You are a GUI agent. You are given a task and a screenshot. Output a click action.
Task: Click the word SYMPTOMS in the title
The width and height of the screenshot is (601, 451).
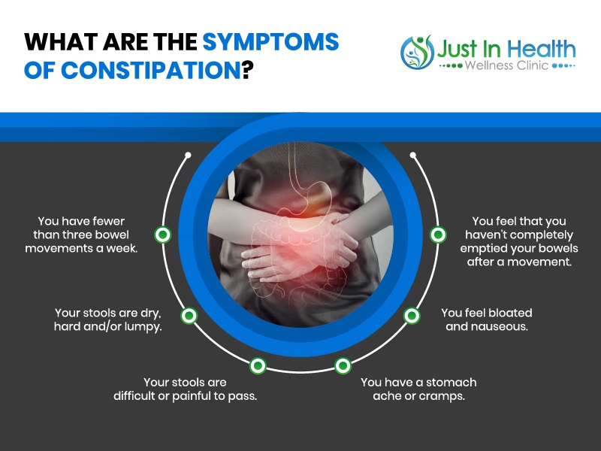click(270, 42)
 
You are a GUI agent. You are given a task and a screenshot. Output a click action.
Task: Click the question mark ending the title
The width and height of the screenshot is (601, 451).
click(248, 70)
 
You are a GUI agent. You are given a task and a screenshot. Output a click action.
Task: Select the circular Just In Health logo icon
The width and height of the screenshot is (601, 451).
click(417, 52)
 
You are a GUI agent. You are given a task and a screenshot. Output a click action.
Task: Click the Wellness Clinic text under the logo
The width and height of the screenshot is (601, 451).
click(506, 65)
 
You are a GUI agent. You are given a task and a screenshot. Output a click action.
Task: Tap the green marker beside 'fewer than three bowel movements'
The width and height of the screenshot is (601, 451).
click(163, 235)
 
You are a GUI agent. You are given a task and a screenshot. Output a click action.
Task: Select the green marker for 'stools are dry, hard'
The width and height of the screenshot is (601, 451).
click(189, 316)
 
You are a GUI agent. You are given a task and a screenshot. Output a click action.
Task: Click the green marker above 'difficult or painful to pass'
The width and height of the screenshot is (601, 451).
click(258, 365)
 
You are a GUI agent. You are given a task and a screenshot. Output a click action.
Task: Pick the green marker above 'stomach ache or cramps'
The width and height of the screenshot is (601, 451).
click(343, 365)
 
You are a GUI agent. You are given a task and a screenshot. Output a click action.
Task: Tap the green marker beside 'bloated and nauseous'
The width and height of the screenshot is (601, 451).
click(412, 316)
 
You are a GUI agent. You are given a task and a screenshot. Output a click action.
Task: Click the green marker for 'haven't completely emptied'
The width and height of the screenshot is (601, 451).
click(438, 235)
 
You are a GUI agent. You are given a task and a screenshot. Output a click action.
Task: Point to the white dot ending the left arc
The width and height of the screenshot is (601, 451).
click(188, 155)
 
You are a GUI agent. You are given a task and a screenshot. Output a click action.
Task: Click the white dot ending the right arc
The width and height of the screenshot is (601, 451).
click(412, 155)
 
